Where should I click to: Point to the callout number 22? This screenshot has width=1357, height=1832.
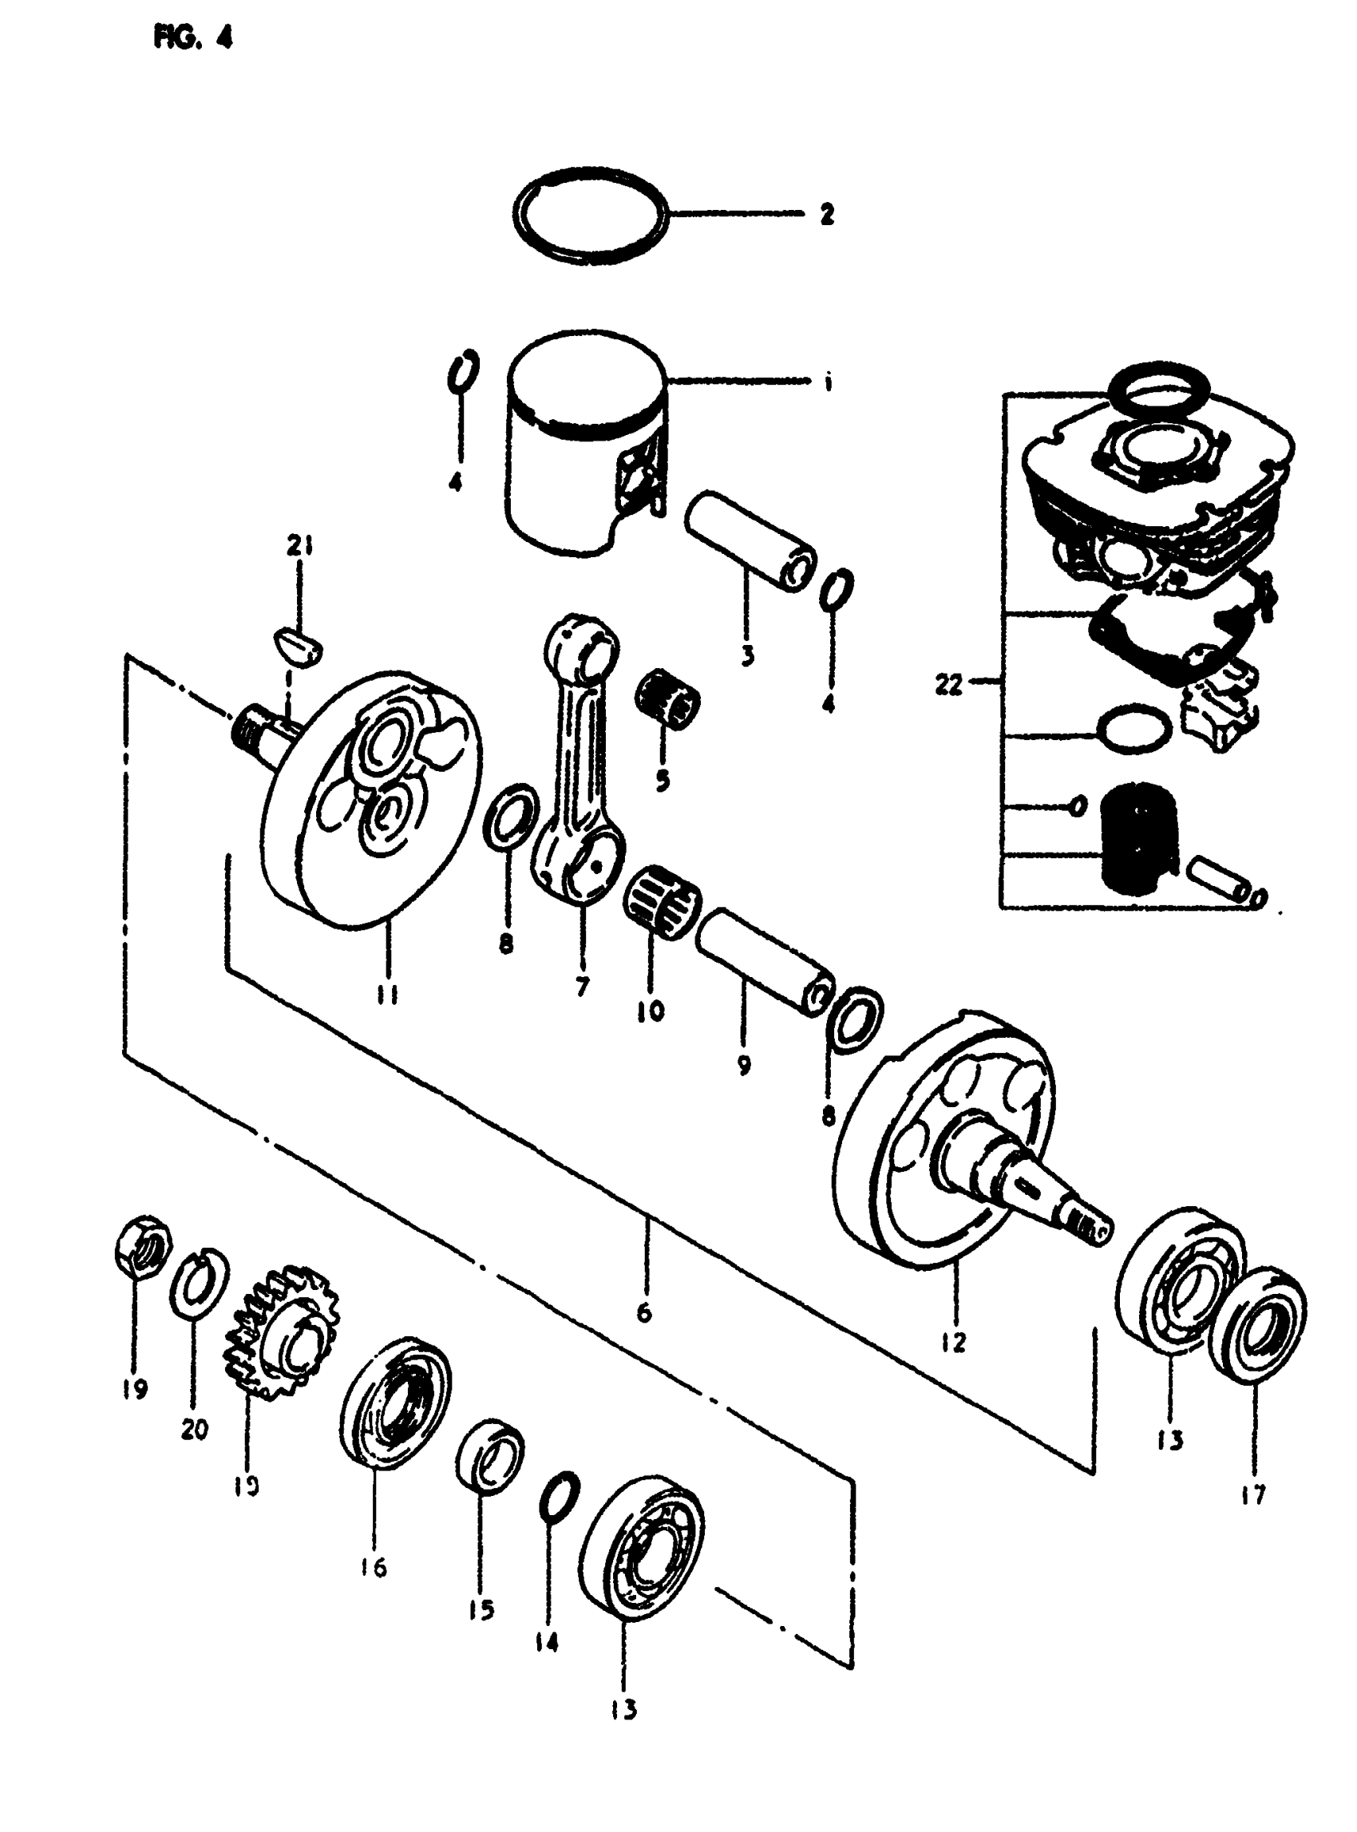[x=948, y=684]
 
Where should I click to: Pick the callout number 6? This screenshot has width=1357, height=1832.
[x=644, y=1312]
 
